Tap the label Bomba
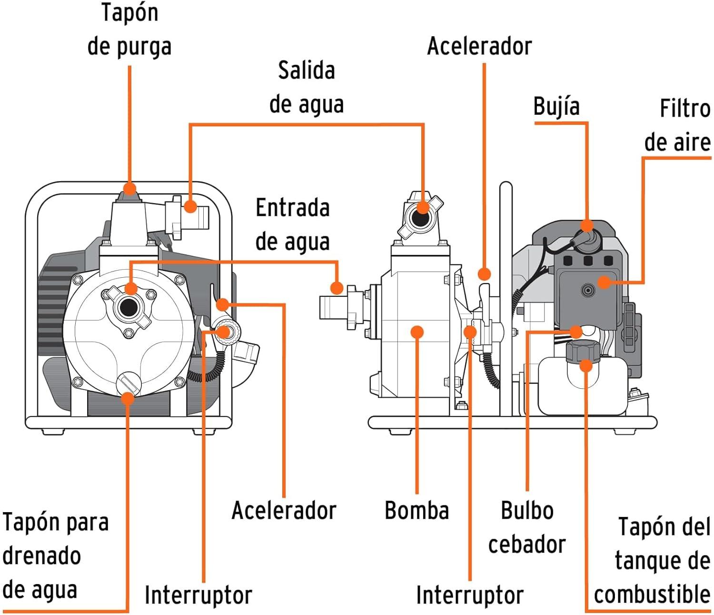coord(416,510)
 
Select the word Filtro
coord(684,109)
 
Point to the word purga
coord(143,47)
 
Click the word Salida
coord(307,70)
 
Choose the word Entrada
coord(292,208)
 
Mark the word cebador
coord(527,544)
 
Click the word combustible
coord(652,594)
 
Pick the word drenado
coord(41,555)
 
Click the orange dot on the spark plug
coord(587,225)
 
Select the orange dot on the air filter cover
coord(604,282)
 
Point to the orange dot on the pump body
coord(417,332)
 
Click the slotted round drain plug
coord(129,383)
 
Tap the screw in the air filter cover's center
coord(588,290)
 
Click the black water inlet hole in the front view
coord(128,308)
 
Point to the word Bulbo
coord(527,510)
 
